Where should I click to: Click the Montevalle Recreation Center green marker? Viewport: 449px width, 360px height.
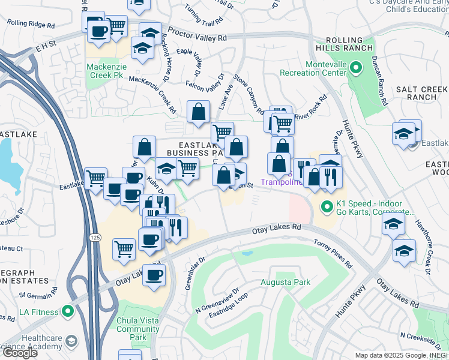pyautogui.click(x=355, y=67)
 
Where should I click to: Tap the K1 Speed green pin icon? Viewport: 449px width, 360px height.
pyautogui.click(x=327, y=207)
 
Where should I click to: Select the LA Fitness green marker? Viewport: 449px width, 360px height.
pyautogui.click(x=67, y=312)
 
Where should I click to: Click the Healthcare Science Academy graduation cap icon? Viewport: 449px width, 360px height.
pyautogui.click(x=72, y=341)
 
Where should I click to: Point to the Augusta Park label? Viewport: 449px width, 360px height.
pyautogui.click(x=277, y=281)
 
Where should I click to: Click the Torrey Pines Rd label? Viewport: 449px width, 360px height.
pyautogui.click(x=333, y=253)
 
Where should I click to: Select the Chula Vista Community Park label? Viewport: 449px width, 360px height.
pyautogui.click(x=138, y=329)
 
